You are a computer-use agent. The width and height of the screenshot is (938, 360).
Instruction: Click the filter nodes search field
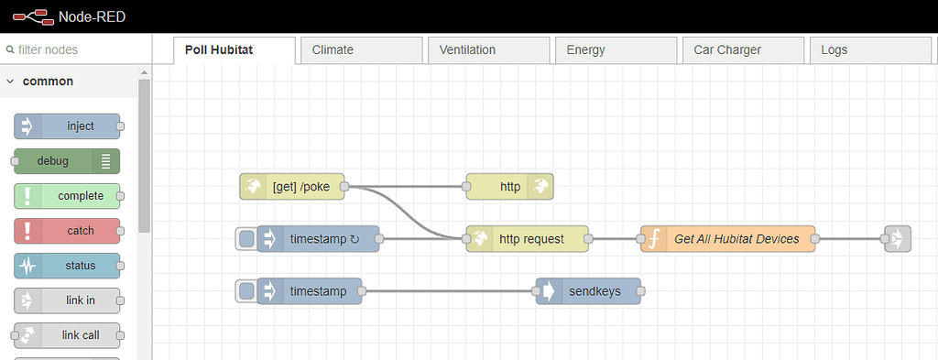pos(73,50)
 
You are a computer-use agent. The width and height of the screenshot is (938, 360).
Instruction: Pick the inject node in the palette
pos(68,126)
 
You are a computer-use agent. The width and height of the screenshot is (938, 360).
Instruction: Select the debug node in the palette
pos(66,161)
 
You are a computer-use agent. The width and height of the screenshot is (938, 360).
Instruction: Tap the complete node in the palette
pos(68,196)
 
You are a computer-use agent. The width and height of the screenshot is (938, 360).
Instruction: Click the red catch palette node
pos(68,231)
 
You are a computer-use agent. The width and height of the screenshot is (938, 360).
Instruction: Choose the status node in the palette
pos(68,266)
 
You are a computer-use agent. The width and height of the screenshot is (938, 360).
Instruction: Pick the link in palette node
pos(68,300)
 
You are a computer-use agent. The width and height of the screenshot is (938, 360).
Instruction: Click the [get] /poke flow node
pos(292,187)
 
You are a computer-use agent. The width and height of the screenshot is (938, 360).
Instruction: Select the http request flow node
pos(528,239)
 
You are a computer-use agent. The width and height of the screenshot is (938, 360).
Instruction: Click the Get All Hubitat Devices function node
pos(727,239)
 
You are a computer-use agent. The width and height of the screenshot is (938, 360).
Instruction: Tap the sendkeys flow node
pos(588,291)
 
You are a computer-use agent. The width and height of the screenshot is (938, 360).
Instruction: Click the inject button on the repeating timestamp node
pos(245,239)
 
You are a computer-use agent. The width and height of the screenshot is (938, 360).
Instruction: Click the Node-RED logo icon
pos(31,16)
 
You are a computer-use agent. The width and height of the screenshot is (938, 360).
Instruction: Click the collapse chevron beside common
pos(10,82)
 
